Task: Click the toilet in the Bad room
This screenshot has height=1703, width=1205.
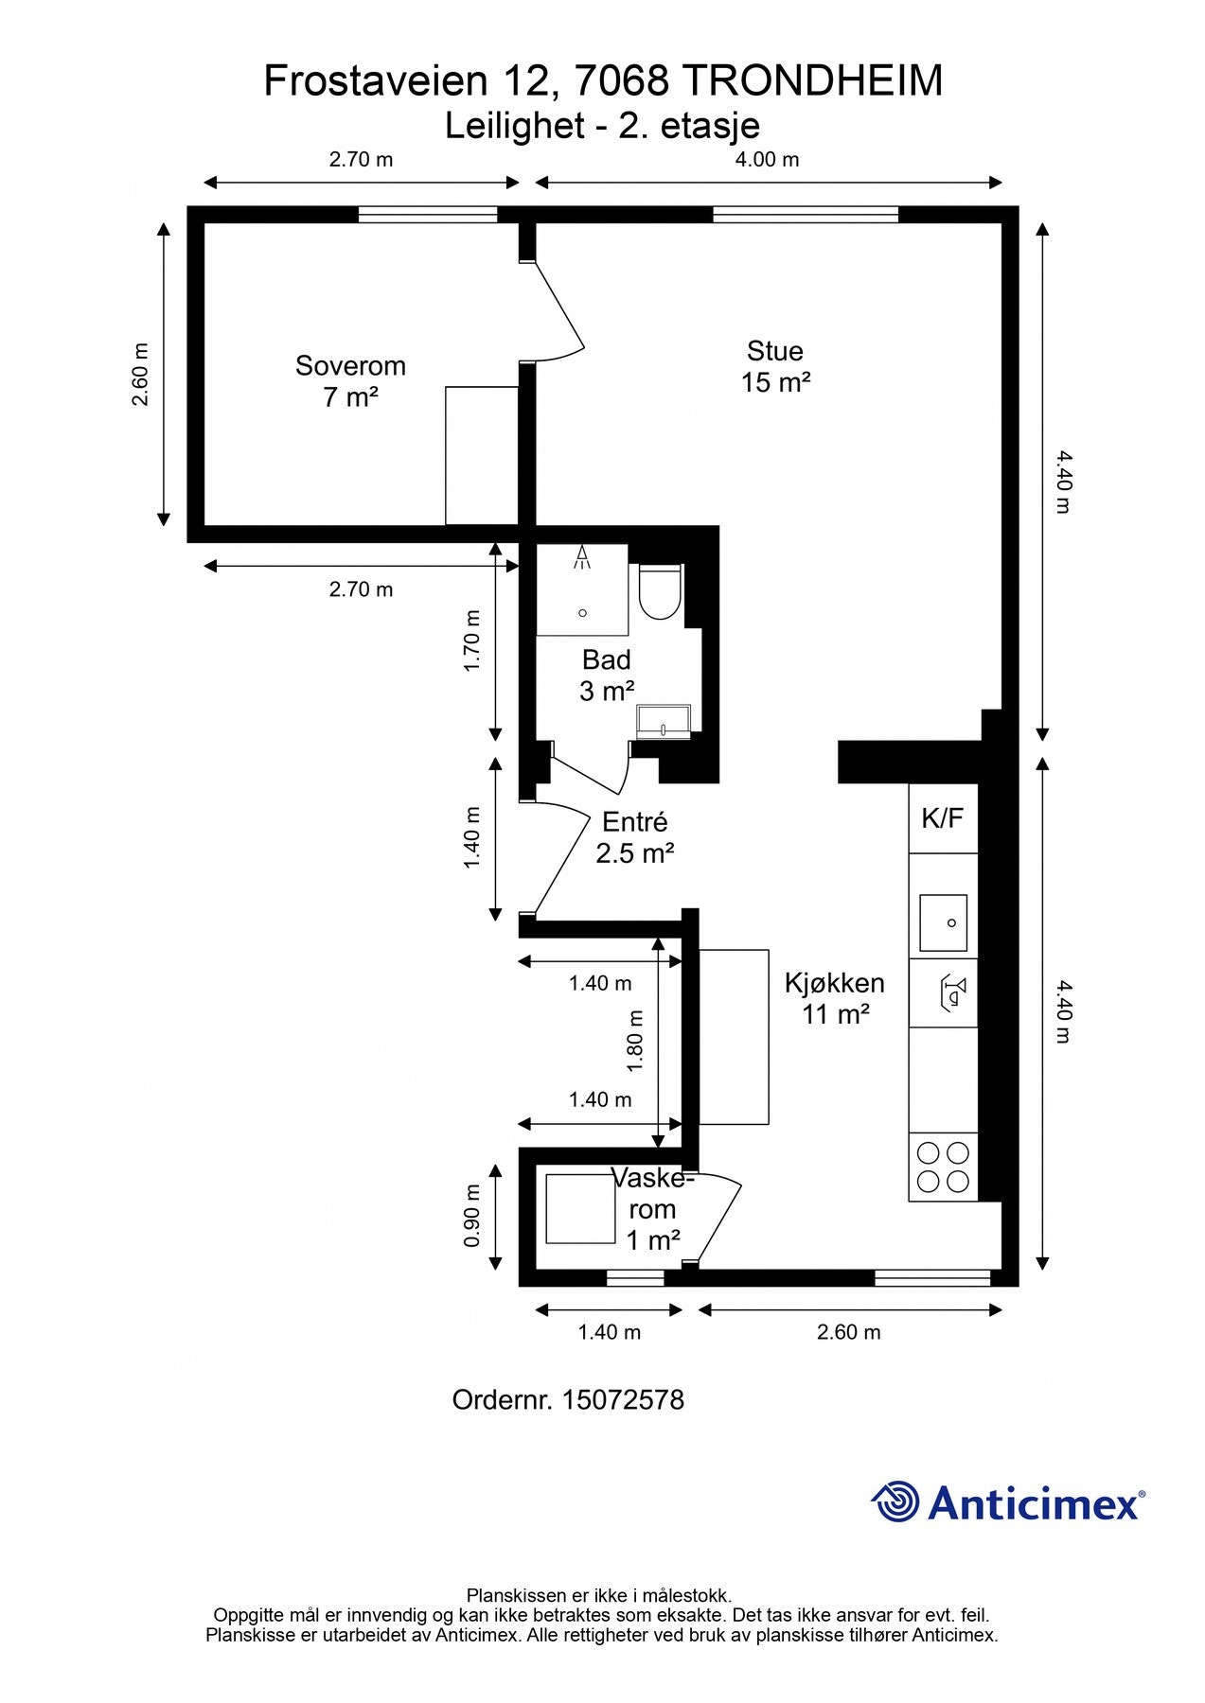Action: click(x=660, y=592)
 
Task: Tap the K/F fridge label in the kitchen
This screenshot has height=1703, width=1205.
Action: click(x=942, y=818)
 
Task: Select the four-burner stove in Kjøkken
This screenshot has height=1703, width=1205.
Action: click(x=943, y=1167)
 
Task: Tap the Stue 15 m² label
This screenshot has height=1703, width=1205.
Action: click(x=775, y=366)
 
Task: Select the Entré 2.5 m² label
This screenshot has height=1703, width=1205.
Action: click(x=634, y=837)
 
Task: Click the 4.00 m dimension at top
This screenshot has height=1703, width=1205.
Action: click(x=767, y=159)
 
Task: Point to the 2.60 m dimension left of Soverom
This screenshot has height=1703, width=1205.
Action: click(x=140, y=374)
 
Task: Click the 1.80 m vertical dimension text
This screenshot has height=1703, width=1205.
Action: click(x=636, y=1041)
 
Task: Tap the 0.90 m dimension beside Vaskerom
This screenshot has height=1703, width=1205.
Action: click(x=472, y=1216)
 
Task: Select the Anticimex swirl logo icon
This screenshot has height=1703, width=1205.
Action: click(x=895, y=1501)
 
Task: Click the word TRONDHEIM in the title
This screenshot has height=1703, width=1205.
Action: click(x=811, y=81)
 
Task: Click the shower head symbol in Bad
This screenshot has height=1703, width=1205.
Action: click(x=582, y=557)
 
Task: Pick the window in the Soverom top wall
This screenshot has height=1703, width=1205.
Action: click(x=428, y=215)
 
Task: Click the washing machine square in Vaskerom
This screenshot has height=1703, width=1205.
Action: click(x=580, y=1208)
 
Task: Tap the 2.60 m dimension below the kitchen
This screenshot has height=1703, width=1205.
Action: click(x=848, y=1332)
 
